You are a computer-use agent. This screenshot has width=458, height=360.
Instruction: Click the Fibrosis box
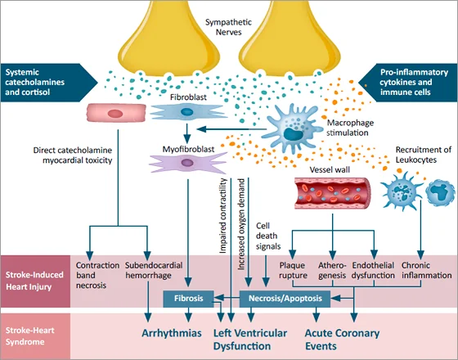(x=188, y=299)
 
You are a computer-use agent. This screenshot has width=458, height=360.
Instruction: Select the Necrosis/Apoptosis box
(x=285, y=299)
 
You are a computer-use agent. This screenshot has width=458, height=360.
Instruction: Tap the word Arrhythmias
(x=172, y=333)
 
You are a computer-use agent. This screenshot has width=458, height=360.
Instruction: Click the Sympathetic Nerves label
(x=228, y=27)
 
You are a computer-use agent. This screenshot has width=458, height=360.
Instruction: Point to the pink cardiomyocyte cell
(x=116, y=113)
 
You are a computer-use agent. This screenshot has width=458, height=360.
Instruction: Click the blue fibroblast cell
(x=187, y=112)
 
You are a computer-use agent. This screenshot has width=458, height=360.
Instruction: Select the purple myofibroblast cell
(x=187, y=163)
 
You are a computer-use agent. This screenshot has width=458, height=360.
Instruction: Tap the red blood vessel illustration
(x=332, y=193)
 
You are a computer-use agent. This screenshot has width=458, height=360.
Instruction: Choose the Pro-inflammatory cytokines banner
(x=408, y=83)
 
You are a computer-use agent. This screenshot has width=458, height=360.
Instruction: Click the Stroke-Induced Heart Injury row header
(x=35, y=281)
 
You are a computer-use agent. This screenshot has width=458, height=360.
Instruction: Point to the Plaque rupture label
(x=293, y=270)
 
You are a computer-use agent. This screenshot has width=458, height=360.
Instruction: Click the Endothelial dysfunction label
(x=373, y=270)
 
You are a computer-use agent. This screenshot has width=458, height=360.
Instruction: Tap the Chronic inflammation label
(x=426, y=270)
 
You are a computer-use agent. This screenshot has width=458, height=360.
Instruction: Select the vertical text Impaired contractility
(x=223, y=216)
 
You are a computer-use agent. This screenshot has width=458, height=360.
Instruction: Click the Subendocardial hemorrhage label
(x=154, y=270)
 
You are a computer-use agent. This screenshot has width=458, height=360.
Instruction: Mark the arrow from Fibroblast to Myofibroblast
(x=187, y=133)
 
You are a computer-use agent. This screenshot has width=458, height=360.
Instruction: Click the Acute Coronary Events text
(x=342, y=340)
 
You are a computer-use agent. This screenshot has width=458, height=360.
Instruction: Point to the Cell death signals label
(x=268, y=236)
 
